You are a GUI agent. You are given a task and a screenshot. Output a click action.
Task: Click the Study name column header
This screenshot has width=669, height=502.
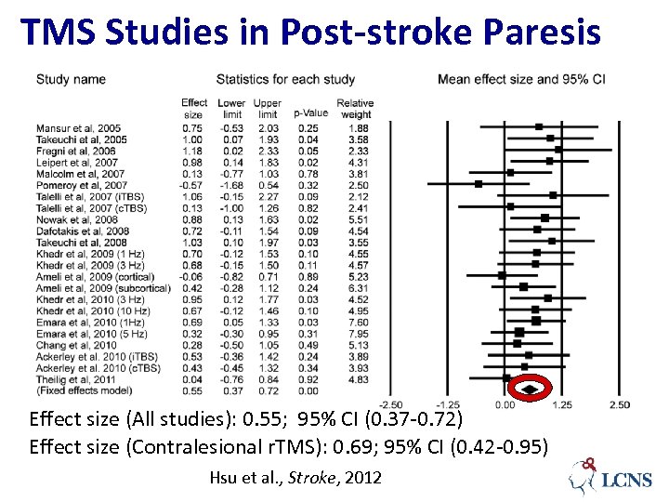(x=71, y=79)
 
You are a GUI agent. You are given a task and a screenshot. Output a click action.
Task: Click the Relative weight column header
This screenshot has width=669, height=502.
(x=355, y=109)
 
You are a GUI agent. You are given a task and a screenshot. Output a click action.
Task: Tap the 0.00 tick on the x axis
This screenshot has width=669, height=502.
(x=505, y=404)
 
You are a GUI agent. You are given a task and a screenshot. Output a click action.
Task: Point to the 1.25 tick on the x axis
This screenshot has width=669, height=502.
(x=561, y=404)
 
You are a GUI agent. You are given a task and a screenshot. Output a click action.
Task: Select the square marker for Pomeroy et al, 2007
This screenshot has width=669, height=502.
(x=479, y=184)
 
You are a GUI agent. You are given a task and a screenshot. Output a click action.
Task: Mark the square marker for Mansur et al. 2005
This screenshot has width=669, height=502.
(x=539, y=126)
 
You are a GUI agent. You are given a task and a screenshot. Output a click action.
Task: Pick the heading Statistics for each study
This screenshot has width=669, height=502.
(x=285, y=79)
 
